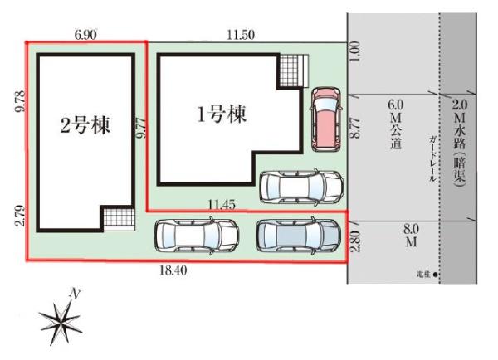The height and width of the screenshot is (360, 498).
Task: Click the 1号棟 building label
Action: pyautogui.click(x=221, y=116)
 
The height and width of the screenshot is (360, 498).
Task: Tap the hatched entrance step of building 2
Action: pyautogui.click(x=117, y=219)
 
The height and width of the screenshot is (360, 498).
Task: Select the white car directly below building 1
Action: pyautogui.click(x=300, y=187)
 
